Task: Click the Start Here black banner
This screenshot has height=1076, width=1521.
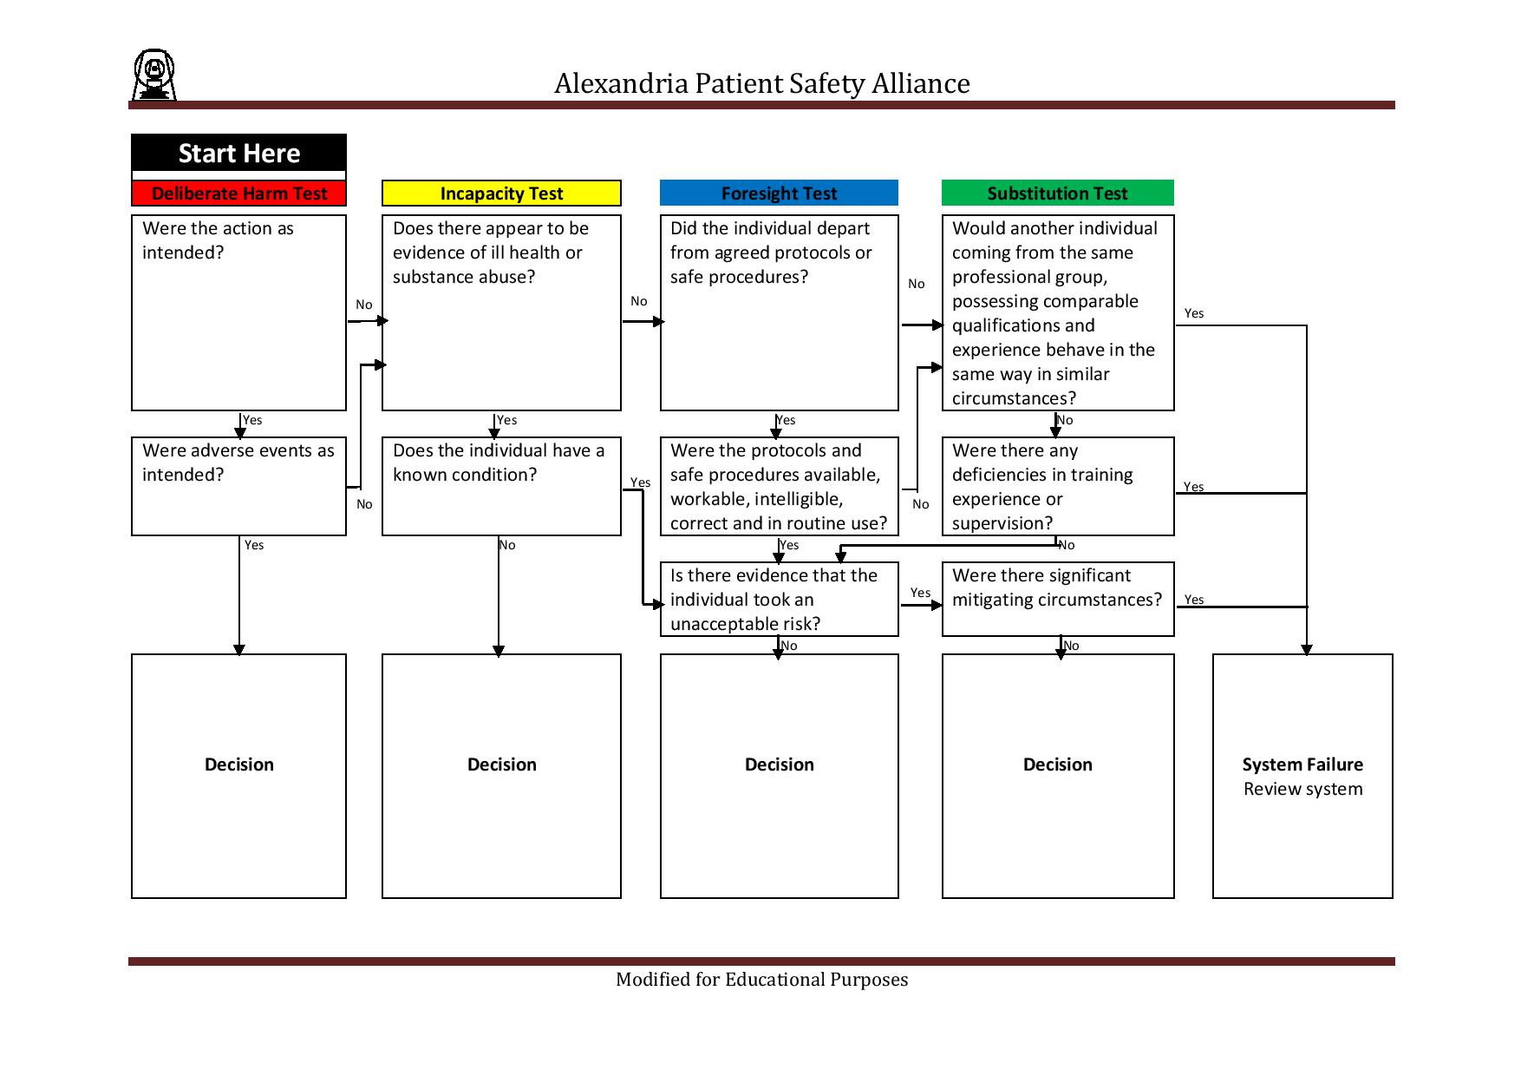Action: tap(238, 154)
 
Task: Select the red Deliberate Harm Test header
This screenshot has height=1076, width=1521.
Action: tap(238, 194)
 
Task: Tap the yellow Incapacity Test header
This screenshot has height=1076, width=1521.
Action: tap(501, 194)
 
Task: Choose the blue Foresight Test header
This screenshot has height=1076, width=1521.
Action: tap(779, 194)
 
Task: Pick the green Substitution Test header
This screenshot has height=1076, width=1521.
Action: tap(1057, 194)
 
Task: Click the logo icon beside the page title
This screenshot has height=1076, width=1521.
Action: tap(154, 75)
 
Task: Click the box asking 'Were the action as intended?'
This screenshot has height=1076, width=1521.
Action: tap(238, 312)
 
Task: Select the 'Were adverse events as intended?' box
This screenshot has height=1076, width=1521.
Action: tap(238, 486)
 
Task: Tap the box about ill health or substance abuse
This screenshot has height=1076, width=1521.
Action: tap(501, 312)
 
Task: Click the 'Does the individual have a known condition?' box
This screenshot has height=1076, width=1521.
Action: tap(501, 486)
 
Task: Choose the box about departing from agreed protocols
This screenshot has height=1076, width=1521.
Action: tap(779, 312)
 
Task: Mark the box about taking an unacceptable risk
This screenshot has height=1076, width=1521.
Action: tap(779, 600)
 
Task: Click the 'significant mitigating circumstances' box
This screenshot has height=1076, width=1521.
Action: tap(1057, 600)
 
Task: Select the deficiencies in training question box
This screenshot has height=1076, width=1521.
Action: tap(1057, 486)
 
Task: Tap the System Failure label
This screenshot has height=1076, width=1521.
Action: tap(1302, 764)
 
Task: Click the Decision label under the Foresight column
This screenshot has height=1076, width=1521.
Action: tap(779, 764)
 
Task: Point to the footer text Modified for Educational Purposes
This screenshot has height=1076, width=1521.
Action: tap(761, 980)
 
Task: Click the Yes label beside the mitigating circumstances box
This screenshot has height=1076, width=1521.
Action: tap(1194, 600)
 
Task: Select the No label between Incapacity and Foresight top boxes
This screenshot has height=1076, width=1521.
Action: tap(639, 301)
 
